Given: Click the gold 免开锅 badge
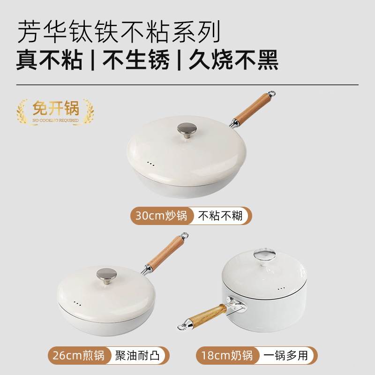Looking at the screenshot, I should click(55, 111).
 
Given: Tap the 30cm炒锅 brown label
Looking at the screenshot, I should click(161, 216).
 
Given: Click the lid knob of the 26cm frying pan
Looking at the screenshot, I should click(106, 275).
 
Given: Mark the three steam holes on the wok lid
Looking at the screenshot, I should click(150, 164).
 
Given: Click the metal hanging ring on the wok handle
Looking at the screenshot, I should click(271, 94).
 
